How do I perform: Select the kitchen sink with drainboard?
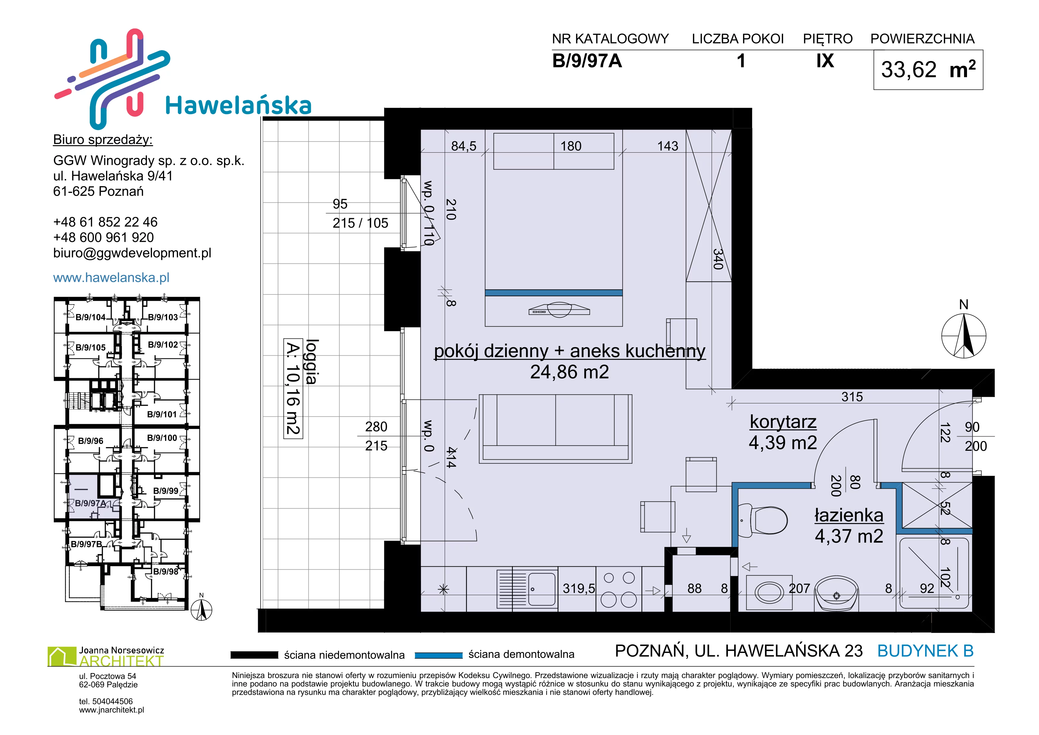click(527, 589)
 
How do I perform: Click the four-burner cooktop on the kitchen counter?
click(619, 589)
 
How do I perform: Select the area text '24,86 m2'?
click(569, 372)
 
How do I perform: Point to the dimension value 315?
click(852, 397)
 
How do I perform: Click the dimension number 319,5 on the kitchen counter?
click(579, 588)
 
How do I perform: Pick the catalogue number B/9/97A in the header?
click(587, 61)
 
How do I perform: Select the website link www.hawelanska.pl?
click(111, 277)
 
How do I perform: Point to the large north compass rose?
click(963, 336)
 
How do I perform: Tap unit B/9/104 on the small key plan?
click(90, 317)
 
